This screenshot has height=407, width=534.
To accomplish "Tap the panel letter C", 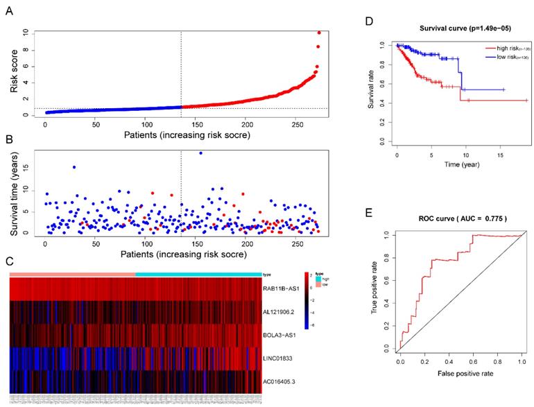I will pyautogui.click(x=7, y=262).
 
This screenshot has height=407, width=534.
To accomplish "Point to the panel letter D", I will pyautogui.click(x=369, y=21).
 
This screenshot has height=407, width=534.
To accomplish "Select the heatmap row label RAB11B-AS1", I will pyautogui.click(x=281, y=292).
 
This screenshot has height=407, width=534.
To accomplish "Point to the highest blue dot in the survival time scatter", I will pyautogui.click(x=201, y=153).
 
